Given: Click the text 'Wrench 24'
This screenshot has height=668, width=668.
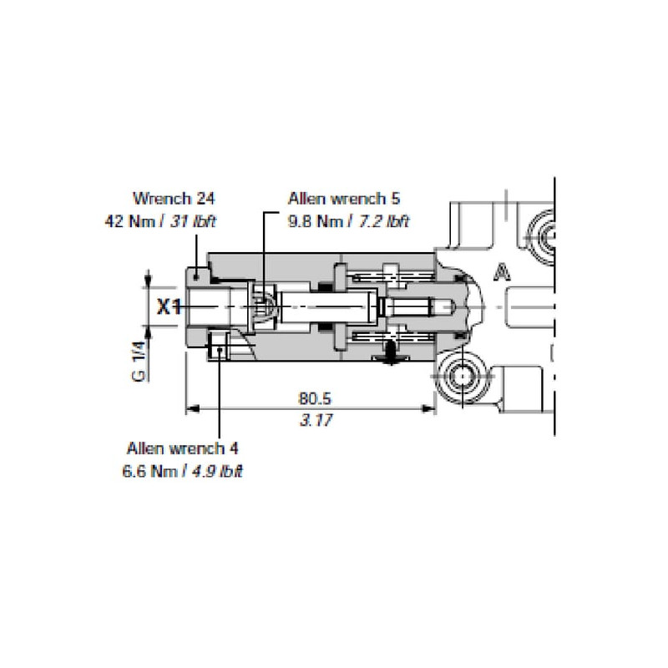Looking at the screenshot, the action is click(x=174, y=199).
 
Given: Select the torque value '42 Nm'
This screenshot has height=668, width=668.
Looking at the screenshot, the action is click(x=130, y=221).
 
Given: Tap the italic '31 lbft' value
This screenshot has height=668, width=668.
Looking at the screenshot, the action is click(x=193, y=221).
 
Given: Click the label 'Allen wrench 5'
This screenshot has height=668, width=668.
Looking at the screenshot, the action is click(x=344, y=199).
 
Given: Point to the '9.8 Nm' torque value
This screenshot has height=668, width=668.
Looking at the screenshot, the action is click(x=316, y=221).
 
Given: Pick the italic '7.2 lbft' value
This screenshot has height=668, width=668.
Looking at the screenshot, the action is click(x=383, y=221).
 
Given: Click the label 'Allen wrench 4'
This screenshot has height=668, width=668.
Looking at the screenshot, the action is click(x=182, y=448).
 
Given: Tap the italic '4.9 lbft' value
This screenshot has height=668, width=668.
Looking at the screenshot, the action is click(x=217, y=471).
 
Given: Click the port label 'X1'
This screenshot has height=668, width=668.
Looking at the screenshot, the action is click(x=170, y=306).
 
